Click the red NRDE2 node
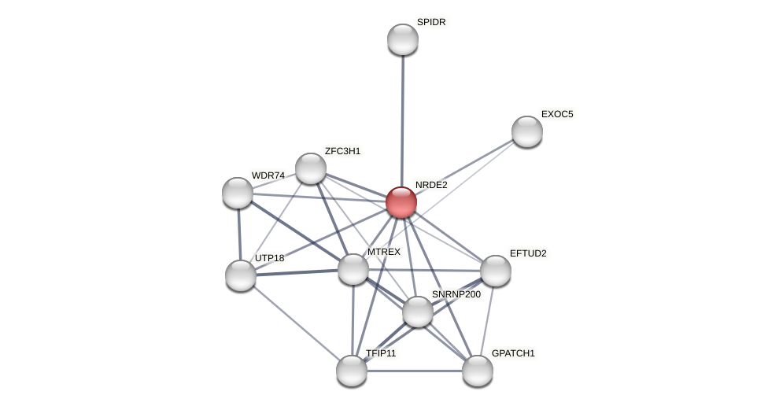[401, 202]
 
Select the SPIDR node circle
[403, 39]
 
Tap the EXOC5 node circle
[527, 131]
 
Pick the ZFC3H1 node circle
[311, 168]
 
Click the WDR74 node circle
[238, 193]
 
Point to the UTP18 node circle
[241, 275]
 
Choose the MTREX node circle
[353, 269]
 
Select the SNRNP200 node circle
[418, 312]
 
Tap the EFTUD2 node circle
[496, 271]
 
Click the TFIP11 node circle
[352, 371]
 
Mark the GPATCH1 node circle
[478, 371]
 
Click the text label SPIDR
[431, 22]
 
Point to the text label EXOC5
[557, 114]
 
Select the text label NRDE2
[431, 185]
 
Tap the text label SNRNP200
[456, 294]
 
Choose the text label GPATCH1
[513, 353]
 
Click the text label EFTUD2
[528, 253]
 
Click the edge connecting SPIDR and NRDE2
[402, 118]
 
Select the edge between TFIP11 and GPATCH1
[415, 371]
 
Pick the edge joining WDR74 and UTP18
[239, 234]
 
